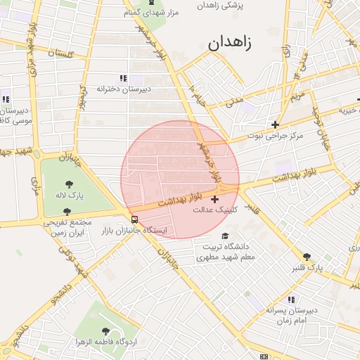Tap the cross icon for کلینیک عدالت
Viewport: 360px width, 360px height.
214,200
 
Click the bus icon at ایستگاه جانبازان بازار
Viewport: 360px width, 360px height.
134,218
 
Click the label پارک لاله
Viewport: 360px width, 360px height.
71,194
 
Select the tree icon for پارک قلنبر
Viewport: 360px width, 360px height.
307,257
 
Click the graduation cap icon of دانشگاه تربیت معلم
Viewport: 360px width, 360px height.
225,236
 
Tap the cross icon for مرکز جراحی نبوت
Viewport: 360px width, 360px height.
276,124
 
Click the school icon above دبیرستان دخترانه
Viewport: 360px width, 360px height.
123,78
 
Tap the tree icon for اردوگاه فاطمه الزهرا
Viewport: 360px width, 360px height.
105,330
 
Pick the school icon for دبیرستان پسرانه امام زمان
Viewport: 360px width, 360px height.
291,300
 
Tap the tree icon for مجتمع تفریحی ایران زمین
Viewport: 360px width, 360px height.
67,212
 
